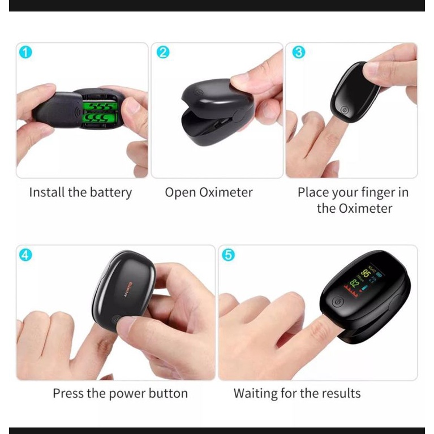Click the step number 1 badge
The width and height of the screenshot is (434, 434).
[25, 53]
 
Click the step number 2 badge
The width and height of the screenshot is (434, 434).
[163, 53]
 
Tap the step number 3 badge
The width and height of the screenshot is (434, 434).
[298, 53]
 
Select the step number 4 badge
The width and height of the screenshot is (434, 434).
[25, 255]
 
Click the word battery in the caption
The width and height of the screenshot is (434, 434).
[111, 192]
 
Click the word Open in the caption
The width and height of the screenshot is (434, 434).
[181, 192]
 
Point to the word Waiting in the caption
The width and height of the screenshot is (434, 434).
[257, 393]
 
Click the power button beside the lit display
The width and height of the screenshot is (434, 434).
[337, 302]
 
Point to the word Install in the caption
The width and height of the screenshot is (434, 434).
[47, 192]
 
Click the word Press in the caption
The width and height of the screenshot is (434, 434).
[68, 393]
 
